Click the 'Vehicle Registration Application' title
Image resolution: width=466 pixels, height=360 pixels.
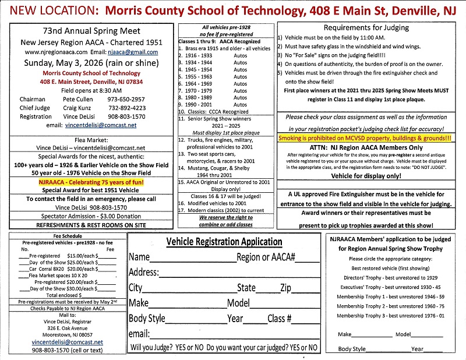[224, 242]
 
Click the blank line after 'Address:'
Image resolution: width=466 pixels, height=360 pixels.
[239, 272]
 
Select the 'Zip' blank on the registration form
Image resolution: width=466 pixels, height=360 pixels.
[305, 288]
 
